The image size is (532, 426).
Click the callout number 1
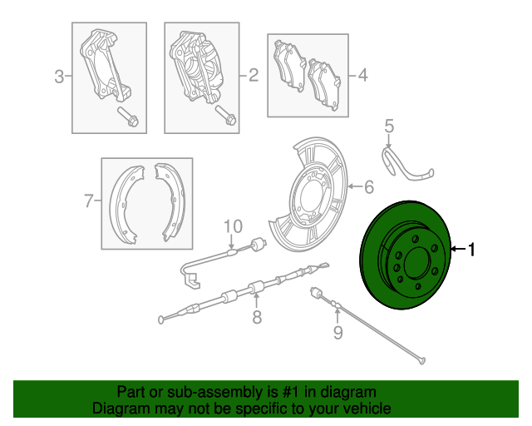pos(471,249)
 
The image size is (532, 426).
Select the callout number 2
pos(253,77)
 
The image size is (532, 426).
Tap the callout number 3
pos(59,78)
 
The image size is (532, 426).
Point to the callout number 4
pos(362,77)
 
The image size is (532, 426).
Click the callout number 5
pos(388,126)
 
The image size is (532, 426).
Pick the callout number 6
pos(369,186)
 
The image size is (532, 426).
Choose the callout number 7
pos(88,201)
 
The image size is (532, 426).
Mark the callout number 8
pos(257,316)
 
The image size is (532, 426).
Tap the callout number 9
pos(337,334)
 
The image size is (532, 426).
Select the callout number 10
pos(232,225)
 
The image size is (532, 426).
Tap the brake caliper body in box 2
pos(199,67)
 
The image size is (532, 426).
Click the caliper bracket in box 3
pos(103,67)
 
